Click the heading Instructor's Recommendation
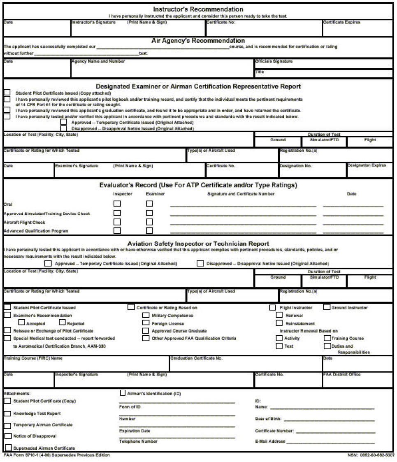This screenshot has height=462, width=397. (198, 9)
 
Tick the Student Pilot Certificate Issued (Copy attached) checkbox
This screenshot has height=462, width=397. (7, 93)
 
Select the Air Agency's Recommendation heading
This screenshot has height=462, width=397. (198, 41)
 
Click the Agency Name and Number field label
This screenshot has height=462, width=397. (98, 61)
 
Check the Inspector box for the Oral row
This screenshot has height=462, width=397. (117, 204)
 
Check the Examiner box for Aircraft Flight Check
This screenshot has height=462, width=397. (149, 222)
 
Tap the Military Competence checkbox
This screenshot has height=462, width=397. (146, 316)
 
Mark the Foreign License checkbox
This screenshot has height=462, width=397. (146, 323)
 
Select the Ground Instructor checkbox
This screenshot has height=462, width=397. (327, 307)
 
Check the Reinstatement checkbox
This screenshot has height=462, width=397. (279, 323)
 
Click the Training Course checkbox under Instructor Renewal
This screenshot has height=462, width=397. (327, 338)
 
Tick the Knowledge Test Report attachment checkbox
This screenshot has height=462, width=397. (7, 413)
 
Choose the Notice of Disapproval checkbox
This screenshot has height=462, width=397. (7, 436)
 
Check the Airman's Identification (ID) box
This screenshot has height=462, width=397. (123, 393)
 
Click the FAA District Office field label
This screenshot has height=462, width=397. (341, 374)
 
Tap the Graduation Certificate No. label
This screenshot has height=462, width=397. (196, 358)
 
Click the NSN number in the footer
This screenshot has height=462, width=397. (371, 455)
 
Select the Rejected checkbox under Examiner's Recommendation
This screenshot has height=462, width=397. (63, 323)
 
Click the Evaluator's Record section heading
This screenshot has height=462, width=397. (198, 185)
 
